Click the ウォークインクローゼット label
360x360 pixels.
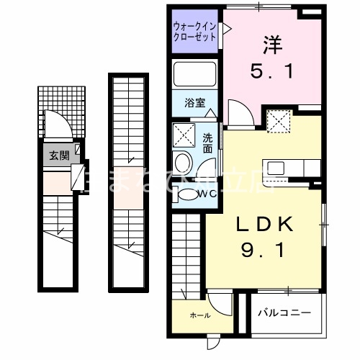[194, 32]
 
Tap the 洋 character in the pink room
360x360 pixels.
[271, 45]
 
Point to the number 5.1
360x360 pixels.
[271, 73]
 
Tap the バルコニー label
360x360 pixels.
[287, 314]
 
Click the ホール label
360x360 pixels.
[199, 315]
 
